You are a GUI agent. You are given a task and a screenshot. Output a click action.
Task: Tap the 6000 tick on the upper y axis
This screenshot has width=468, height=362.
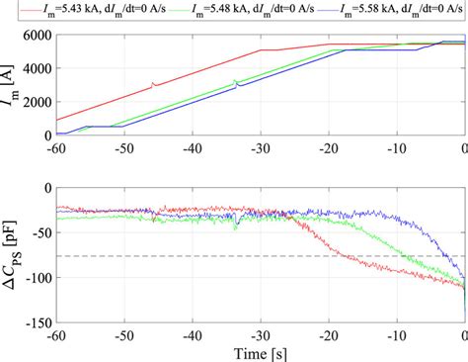(33, 36)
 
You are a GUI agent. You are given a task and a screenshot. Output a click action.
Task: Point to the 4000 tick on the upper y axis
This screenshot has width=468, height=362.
(33, 69)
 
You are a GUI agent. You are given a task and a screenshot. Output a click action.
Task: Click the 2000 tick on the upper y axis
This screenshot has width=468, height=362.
(33, 103)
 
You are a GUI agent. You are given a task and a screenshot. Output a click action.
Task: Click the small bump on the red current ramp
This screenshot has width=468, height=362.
(153, 84)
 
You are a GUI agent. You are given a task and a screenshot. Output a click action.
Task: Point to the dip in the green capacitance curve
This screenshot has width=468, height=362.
(236, 226)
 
